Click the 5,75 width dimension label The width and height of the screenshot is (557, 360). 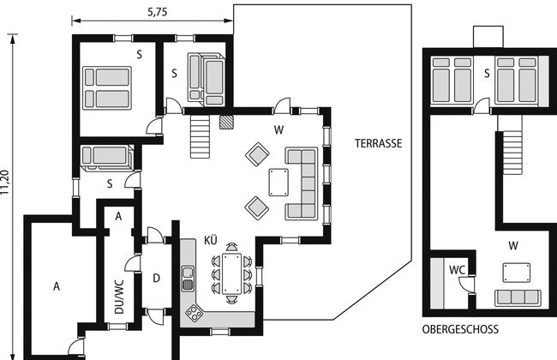157,12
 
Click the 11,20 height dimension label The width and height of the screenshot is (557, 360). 5,183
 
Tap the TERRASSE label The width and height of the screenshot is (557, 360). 378,143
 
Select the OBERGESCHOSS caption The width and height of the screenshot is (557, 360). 460,329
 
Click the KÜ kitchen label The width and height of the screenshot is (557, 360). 210,240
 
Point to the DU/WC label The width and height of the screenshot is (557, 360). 119,297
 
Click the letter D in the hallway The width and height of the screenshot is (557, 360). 156,279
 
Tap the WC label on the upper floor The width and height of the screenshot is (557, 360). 457,270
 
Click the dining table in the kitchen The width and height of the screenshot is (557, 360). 231,273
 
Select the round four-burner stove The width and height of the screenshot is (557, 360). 194,314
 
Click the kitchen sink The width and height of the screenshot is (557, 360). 188,279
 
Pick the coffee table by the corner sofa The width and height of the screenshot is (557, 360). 278,183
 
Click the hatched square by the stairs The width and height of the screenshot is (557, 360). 226,122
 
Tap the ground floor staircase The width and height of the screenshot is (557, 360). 200,136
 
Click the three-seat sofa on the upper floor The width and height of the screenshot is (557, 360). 518,297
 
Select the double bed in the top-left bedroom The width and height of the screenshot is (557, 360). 107,87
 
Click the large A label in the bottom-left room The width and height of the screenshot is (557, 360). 57,286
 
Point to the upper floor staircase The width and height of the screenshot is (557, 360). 510,145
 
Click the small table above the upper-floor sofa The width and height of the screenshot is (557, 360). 517,273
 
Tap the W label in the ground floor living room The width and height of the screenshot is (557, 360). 278,130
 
